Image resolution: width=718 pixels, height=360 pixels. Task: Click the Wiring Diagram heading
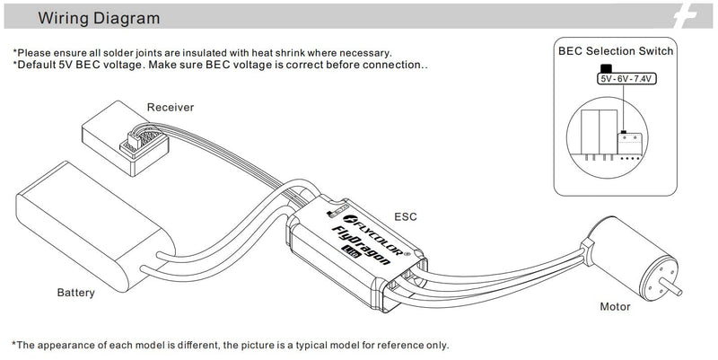[99, 18]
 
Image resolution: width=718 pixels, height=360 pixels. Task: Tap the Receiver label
[171, 107]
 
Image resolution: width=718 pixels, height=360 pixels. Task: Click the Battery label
[76, 293]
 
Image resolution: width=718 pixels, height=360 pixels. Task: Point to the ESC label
[406, 216]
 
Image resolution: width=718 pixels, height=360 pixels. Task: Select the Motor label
[615, 306]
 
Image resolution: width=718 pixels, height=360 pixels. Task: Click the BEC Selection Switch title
[616, 51]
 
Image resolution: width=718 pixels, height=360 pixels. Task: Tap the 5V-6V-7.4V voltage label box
[626, 79]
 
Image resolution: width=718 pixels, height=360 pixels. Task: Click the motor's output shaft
[671, 287]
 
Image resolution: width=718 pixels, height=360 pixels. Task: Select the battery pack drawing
[94, 226]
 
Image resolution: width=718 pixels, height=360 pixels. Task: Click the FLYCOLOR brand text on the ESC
[373, 235]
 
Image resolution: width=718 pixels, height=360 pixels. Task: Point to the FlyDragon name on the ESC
[361, 245]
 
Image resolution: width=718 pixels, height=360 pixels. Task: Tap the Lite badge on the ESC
[351, 252]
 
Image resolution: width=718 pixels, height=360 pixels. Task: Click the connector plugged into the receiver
[141, 139]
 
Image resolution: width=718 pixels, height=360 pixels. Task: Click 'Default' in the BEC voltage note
[36, 65]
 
